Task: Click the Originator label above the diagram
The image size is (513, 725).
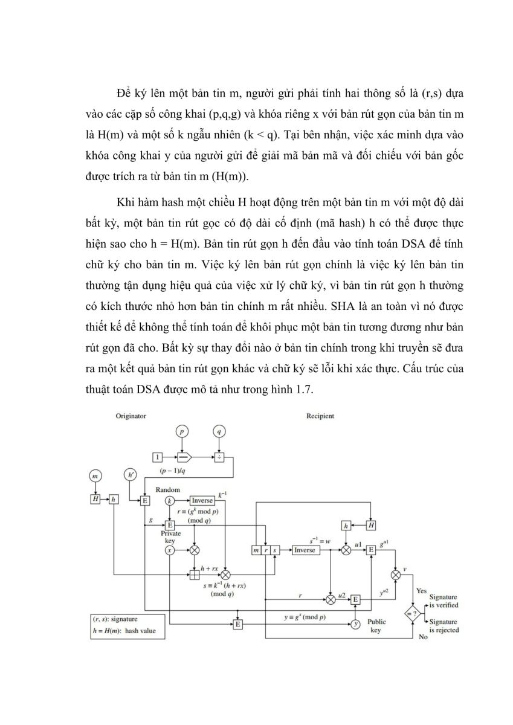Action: [x=131, y=416]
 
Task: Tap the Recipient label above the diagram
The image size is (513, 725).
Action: [x=320, y=416]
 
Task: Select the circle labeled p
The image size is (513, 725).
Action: [x=182, y=431]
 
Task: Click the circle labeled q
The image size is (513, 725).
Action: [x=219, y=431]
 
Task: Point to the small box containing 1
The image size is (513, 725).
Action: [x=157, y=457]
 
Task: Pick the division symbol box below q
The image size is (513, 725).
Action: [x=219, y=457]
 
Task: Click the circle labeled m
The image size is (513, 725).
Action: [x=95, y=476]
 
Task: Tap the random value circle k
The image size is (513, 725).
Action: [x=170, y=501]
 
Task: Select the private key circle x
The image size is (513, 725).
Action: [x=170, y=550]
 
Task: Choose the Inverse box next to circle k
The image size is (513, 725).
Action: [x=202, y=501]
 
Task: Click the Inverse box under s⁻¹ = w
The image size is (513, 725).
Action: [x=306, y=550]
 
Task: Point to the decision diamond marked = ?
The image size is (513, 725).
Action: [x=413, y=613]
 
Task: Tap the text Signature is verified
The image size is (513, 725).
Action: [x=444, y=601]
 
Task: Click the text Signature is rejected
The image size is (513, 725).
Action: [x=444, y=626]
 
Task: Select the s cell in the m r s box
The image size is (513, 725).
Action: [x=275, y=550]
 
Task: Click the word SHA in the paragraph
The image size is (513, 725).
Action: [x=343, y=306]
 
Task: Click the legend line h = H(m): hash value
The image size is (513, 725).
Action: [x=124, y=631]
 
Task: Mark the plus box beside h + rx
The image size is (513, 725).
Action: [x=194, y=575]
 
